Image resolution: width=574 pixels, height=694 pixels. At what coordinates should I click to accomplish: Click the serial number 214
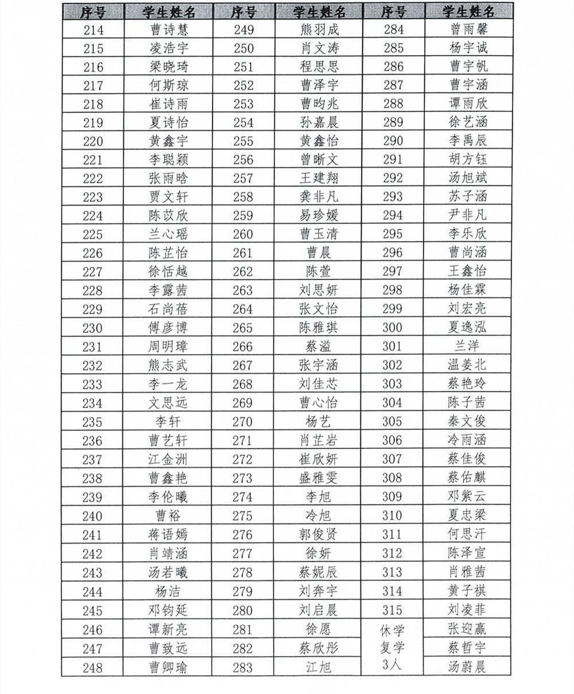pyautogui.click(x=93, y=30)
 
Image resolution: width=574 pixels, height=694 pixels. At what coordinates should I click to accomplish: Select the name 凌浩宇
pyautogui.click(x=168, y=49)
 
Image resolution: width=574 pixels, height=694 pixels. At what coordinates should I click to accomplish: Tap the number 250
pyautogui.click(x=243, y=48)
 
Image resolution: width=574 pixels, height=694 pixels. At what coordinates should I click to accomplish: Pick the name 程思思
pyautogui.click(x=319, y=67)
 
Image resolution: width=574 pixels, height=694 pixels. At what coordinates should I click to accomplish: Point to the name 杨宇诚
pyautogui.click(x=468, y=48)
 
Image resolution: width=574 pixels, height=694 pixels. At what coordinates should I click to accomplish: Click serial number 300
pyautogui.click(x=393, y=328)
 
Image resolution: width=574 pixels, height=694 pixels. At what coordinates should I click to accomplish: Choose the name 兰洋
pyautogui.click(x=468, y=346)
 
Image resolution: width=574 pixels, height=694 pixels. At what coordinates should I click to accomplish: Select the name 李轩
pyautogui.click(x=168, y=422)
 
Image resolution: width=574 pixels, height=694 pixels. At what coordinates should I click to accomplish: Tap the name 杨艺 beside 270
pyautogui.click(x=319, y=422)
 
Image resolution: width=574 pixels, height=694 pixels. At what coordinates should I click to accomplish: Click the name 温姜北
pyautogui.click(x=468, y=365)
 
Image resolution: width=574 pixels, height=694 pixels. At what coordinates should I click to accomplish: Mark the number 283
pyautogui.click(x=243, y=667)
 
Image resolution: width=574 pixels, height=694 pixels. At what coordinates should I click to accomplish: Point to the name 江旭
pyautogui.click(x=319, y=667)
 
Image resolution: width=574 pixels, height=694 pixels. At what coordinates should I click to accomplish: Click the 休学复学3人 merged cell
pyautogui.click(x=393, y=648)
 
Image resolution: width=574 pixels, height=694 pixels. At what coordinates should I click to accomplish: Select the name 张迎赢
pyautogui.click(x=468, y=629)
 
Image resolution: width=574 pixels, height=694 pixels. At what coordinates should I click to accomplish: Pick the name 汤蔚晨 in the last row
pyautogui.click(x=468, y=667)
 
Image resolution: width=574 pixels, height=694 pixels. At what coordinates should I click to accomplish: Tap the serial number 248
pyautogui.click(x=92, y=668)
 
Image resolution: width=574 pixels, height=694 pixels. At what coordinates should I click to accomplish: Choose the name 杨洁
pyautogui.click(x=168, y=591)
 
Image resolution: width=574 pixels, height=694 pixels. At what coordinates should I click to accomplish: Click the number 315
pyautogui.click(x=393, y=610)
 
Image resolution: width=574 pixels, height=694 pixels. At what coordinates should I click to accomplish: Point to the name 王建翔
pyautogui.click(x=319, y=179)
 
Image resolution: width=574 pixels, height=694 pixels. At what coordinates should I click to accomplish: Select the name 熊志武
pyautogui.click(x=168, y=366)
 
